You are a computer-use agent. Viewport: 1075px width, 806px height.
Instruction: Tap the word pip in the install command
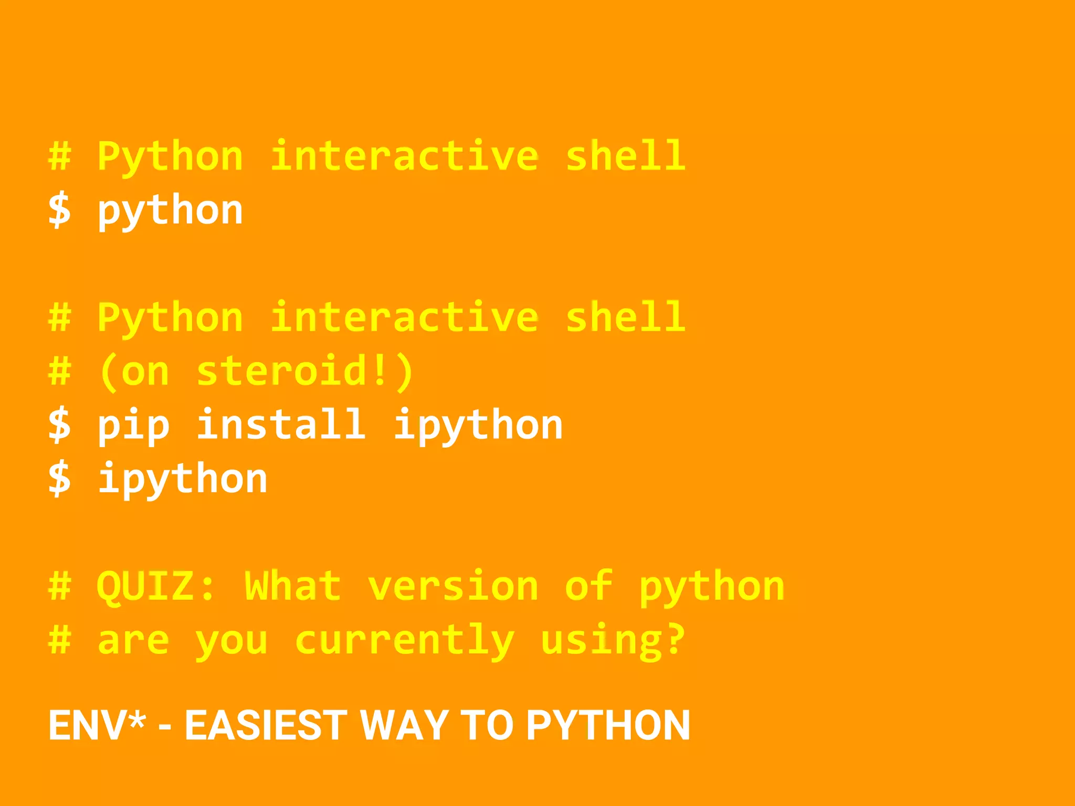(x=133, y=426)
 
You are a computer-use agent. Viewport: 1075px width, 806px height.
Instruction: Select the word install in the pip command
(x=281, y=425)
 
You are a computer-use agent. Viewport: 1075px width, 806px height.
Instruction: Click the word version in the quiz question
(x=453, y=586)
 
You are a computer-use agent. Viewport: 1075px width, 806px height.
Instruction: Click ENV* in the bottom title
(x=97, y=725)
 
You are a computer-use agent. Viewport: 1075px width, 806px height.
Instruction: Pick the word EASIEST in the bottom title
(x=266, y=725)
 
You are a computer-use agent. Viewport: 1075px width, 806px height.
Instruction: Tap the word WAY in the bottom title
(x=404, y=725)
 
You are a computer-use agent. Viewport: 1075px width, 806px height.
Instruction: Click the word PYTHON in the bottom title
(x=608, y=725)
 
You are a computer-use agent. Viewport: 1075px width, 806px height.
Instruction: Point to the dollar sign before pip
(x=59, y=425)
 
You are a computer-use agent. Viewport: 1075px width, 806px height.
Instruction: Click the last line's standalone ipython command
(x=183, y=479)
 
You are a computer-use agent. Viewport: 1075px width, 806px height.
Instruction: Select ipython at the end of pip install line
(x=478, y=426)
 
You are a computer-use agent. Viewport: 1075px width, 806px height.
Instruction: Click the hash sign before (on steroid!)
(x=59, y=371)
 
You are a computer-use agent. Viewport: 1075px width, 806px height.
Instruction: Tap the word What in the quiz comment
(x=293, y=586)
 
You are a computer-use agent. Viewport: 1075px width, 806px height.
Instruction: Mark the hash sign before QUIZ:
(x=59, y=586)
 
